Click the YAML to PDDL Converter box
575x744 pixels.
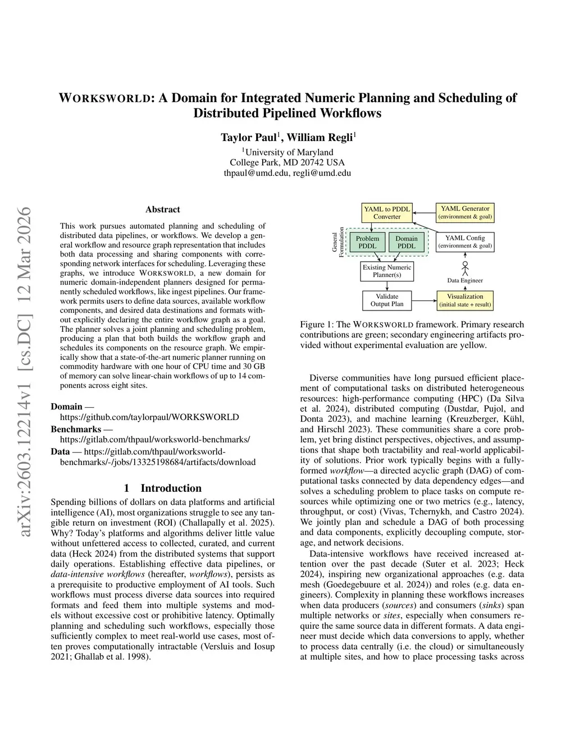coord(387,213)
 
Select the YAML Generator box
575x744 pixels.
coord(465,212)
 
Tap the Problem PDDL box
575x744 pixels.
coord(367,242)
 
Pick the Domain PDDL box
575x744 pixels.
coord(407,242)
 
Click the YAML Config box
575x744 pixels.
coord(465,241)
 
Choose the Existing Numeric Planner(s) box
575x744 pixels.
coord(387,271)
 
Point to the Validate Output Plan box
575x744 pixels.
coord(387,300)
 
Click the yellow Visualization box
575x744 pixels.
coord(465,300)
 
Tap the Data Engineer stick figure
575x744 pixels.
coord(465,267)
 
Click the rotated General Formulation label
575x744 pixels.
coord(339,242)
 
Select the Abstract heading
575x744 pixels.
coord(163,209)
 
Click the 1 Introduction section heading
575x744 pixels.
coord(162,488)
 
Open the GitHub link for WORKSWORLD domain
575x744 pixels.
coord(149,417)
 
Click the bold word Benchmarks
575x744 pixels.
coord(76,429)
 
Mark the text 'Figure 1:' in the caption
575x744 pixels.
coord(318,325)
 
